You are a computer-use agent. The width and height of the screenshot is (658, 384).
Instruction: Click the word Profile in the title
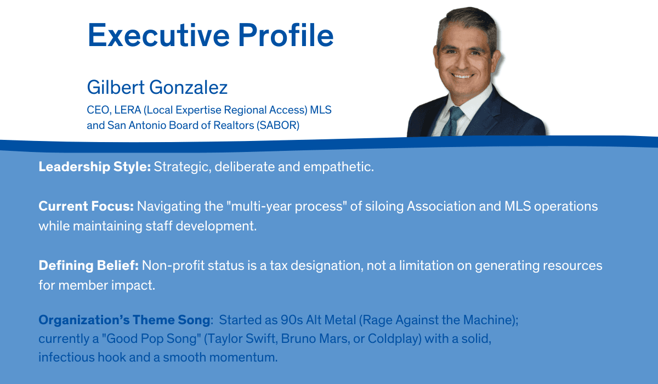291,35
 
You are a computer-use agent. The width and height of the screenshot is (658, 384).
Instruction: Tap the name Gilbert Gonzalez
157,87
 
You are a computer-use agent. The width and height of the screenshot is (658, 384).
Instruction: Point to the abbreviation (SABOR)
278,125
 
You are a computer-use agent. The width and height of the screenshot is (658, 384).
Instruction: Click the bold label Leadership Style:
94,167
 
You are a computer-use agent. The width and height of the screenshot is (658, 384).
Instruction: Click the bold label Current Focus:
86,207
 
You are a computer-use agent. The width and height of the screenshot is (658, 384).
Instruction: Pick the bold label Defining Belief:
89,266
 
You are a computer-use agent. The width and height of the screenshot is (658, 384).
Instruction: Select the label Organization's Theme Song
123,320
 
